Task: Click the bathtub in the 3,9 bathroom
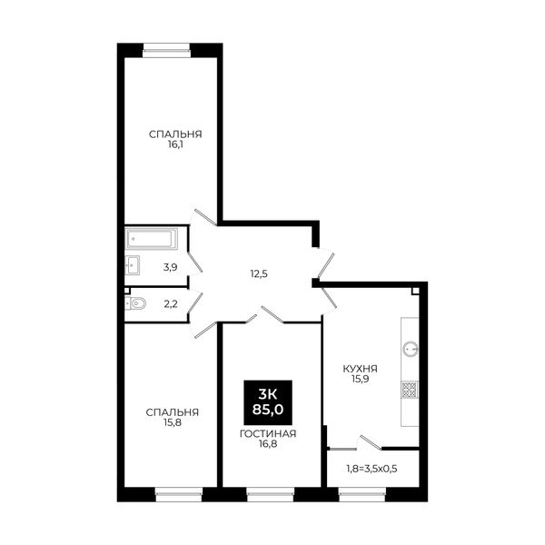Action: [x=152, y=238]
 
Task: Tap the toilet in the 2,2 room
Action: [x=135, y=303]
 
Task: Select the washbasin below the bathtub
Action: [x=133, y=265]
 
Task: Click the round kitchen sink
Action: [x=411, y=349]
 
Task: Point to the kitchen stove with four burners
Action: [x=410, y=390]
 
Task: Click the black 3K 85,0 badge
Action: [x=268, y=402]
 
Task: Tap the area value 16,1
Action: [x=175, y=144]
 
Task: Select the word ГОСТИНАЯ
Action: [x=268, y=434]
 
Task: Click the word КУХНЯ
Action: [x=361, y=369]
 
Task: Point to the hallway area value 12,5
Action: [x=259, y=274]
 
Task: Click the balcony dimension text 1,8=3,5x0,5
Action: [x=372, y=469]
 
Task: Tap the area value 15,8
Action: [x=173, y=422]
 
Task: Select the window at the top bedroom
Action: [x=167, y=50]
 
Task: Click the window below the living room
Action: [x=270, y=494]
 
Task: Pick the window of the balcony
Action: [x=362, y=494]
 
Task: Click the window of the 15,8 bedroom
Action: [x=179, y=494]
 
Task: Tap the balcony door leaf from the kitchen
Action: [x=371, y=442]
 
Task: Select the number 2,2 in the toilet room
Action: [x=171, y=304]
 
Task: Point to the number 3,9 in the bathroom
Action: [x=171, y=267]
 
